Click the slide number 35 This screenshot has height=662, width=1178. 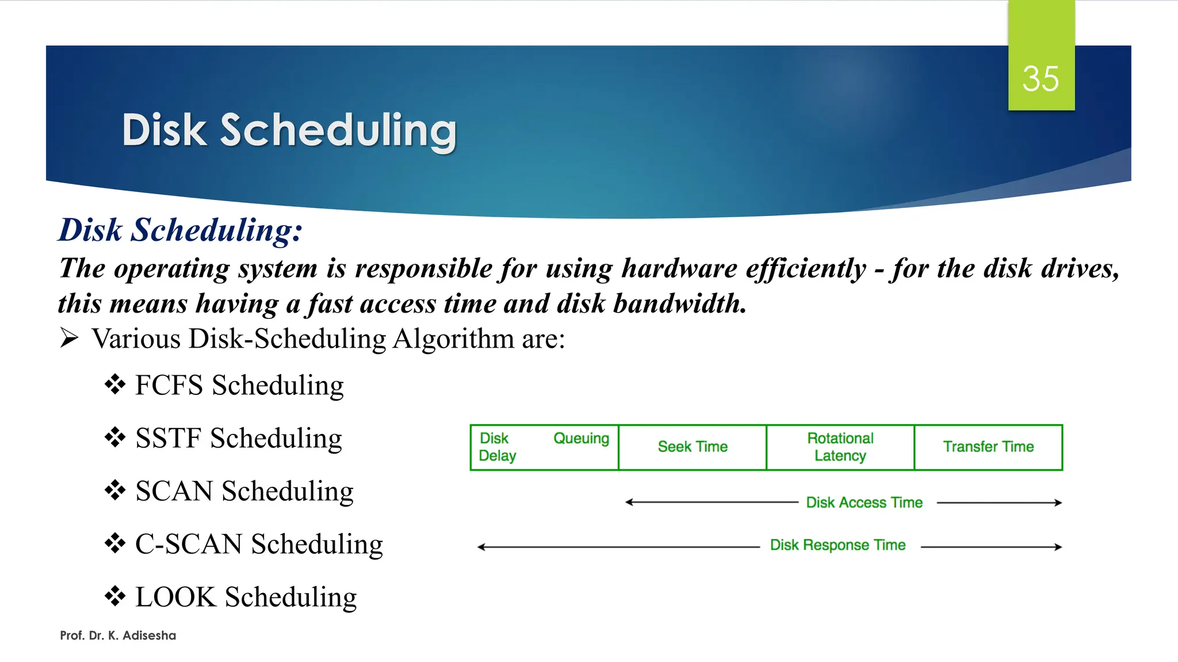[1041, 79]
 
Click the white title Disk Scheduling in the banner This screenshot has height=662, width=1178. [289, 130]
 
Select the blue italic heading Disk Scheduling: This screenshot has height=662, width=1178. [181, 230]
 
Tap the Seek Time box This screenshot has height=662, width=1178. [693, 447]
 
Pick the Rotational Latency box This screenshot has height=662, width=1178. [840, 447]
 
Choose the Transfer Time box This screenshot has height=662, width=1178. [988, 447]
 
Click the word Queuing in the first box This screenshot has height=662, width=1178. [581, 438]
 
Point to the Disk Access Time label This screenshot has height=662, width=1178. [864, 503]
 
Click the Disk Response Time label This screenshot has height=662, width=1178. [837, 545]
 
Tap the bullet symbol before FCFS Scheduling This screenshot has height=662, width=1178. [115, 384]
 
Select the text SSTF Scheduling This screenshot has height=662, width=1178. [239, 438]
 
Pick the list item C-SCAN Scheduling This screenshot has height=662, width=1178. [259, 544]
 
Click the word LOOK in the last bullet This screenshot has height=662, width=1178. [175, 597]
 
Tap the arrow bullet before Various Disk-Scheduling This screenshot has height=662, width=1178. [69, 338]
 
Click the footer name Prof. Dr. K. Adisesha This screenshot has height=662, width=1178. [118, 636]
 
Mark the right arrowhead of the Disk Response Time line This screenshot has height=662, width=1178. [1058, 547]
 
